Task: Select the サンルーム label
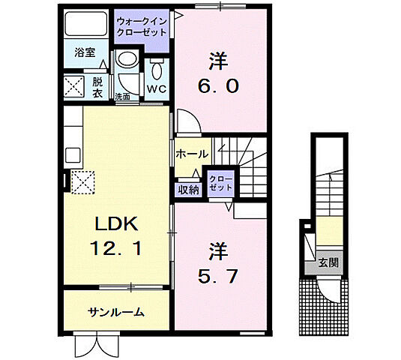click(116, 312)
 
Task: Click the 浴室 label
click(85, 52)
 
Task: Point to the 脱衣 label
click(97, 88)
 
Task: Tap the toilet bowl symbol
click(157, 70)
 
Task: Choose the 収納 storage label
click(188, 190)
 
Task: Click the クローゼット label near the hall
click(221, 183)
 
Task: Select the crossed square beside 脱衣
click(73, 87)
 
